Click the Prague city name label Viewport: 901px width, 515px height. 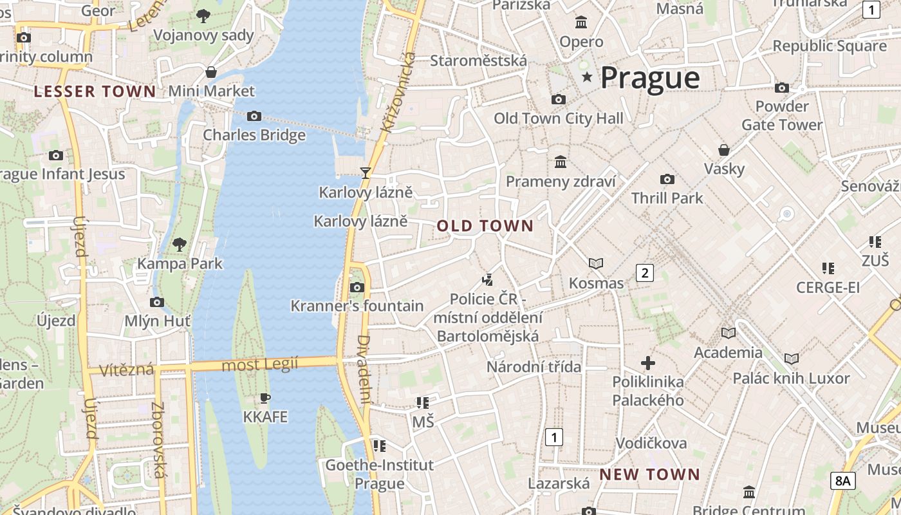(x=650, y=78)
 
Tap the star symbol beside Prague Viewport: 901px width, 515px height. (x=587, y=77)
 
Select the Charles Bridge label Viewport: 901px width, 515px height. (x=254, y=135)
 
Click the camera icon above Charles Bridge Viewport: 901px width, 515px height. (x=254, y=117)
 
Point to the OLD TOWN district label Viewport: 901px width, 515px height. (x=485, y=226)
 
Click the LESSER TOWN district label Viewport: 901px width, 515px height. (x=95, y=91)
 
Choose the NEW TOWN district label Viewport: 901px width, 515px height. (x=650, y=475)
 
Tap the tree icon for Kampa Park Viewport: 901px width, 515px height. (x=180, y=244)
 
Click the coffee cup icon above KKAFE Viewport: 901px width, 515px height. (x=265, y=398)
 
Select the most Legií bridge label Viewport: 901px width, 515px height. (x=260, y=365)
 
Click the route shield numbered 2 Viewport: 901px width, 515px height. (x=644, y=273)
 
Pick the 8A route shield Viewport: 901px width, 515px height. (x=843, y=480)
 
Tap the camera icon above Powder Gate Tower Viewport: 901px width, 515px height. (x=782, y=88)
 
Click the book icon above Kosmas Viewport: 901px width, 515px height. (x=596, y=263)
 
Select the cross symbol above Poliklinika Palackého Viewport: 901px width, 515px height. (x=648, y=363)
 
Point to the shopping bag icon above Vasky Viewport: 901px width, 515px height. (x=724, y=150)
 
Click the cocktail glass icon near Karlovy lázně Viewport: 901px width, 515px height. (x=366, y=173)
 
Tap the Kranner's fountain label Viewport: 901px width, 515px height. (x=357, y=306)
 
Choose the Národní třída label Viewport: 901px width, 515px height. (x=534, y=367)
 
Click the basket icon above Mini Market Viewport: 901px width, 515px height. (x=211, y=72)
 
